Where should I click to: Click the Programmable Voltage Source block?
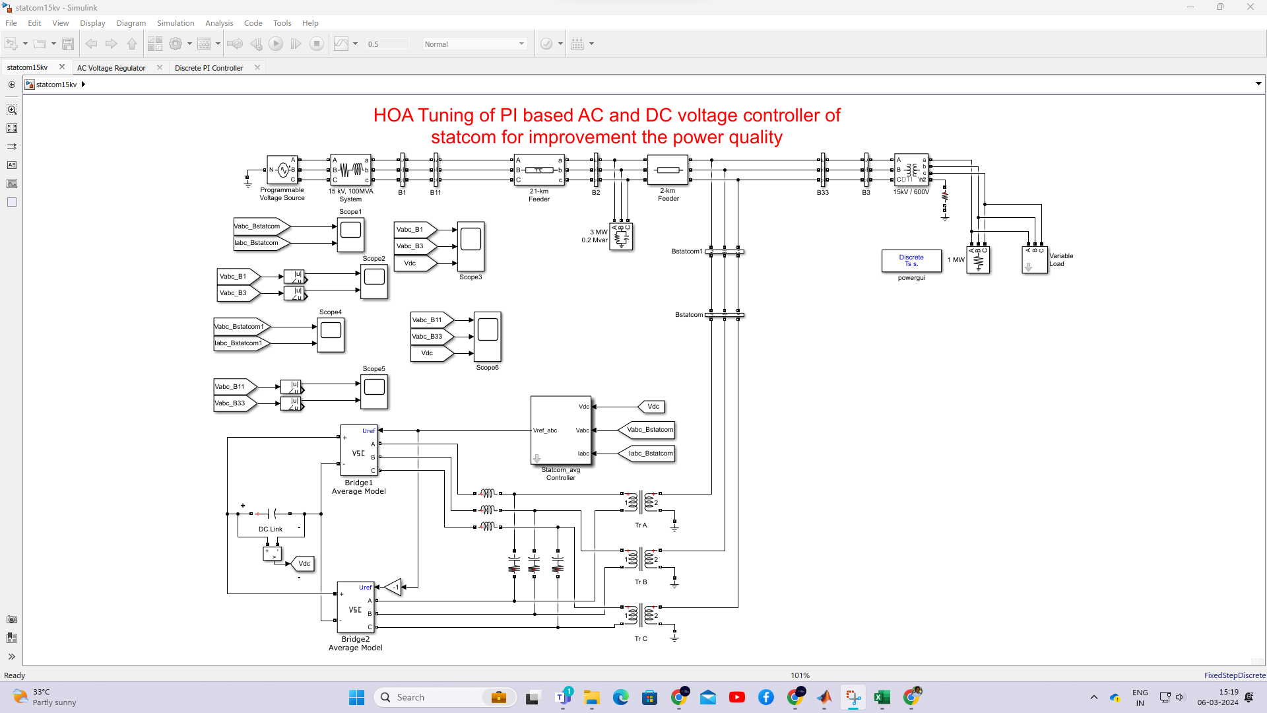pos(282,170)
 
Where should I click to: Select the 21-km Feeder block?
pos(538,170)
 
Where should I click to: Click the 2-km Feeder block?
pos(668,170)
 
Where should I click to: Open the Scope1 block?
pos(350,234)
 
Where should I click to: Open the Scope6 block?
pos(488,336)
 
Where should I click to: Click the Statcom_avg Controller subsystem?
pos(560,430)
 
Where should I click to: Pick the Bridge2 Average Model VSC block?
pos(356,607)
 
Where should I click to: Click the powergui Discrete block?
pos(911,261)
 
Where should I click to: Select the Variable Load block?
pos(1035,260)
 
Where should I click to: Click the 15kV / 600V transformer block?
pos(911,170)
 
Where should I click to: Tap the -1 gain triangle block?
pos(393,587)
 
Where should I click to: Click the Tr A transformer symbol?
pos(641,503)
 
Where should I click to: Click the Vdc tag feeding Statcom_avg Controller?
pos(651,407)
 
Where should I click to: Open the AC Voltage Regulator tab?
pos(112,68)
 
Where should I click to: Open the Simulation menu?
pos(175,23)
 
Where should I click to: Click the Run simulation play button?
pos(276,44)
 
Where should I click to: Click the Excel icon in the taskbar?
pos(882,697)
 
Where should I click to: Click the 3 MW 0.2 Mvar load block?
pos(621,236)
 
